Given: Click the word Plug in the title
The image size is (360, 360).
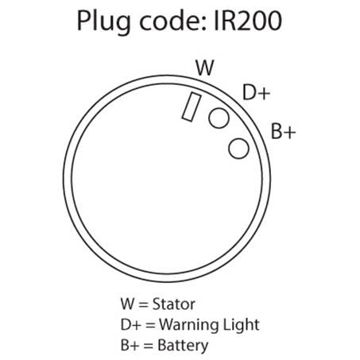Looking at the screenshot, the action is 103,22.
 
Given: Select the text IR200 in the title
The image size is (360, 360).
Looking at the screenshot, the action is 248,21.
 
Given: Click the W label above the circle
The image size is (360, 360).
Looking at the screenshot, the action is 205,68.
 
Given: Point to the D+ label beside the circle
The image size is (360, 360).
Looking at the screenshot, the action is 256,92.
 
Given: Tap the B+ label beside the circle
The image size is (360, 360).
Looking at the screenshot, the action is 283,131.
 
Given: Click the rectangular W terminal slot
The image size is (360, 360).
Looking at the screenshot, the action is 192,106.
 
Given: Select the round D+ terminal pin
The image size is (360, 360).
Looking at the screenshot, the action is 219,118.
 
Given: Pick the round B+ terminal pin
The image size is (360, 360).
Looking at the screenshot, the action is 238,149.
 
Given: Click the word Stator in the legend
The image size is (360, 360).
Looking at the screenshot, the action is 174,304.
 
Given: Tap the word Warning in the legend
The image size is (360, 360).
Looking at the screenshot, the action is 189,325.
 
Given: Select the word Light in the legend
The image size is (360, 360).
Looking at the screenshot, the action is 241,325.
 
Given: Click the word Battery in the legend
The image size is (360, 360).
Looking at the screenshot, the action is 183,346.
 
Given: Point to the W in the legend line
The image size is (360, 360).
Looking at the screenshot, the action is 127,304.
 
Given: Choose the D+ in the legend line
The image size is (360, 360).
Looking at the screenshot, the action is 130,325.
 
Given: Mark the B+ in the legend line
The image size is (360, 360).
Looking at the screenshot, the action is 130,345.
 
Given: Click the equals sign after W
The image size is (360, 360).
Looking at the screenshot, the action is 143,305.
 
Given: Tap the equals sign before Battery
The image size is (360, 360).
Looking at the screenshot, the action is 148,346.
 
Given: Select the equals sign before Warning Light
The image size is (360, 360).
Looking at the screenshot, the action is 150,326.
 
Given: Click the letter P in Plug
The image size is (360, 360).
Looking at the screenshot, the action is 83,21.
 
